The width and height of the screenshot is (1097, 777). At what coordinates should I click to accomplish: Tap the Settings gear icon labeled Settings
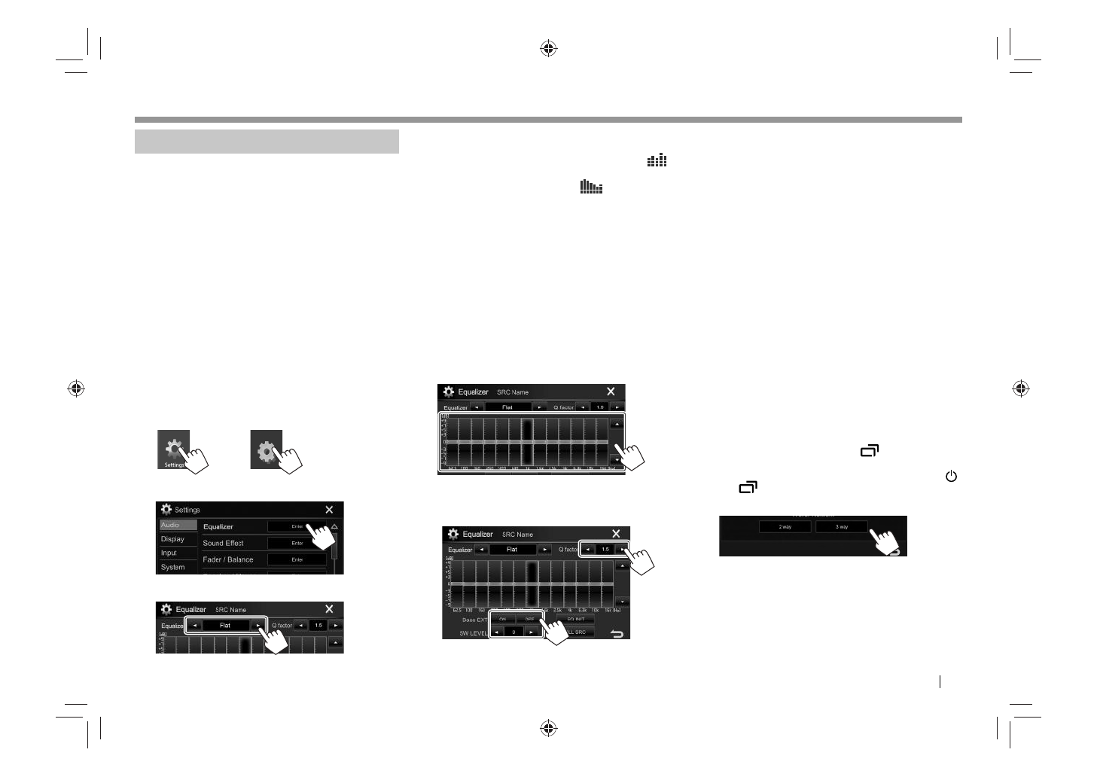point(174,449)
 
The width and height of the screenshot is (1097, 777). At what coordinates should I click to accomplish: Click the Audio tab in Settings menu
point(171,525)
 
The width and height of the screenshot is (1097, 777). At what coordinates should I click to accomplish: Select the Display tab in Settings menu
point(172,539)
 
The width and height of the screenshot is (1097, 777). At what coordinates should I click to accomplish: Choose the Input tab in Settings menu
point(169,553)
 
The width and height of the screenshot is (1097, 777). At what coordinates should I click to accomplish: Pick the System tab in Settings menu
point(172,567)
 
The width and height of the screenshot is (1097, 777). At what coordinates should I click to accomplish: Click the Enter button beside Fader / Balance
point(297,559)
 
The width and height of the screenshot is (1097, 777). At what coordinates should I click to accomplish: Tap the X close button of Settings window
point(329,510)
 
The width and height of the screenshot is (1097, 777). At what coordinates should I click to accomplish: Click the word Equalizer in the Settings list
point(218,526)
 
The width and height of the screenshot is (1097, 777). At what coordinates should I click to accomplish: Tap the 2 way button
point(785,527)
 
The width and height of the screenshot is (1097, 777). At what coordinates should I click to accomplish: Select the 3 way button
point(842,527)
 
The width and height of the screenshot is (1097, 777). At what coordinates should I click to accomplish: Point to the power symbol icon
point(951,477)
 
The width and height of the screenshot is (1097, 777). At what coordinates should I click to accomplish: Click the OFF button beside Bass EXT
point(529,619)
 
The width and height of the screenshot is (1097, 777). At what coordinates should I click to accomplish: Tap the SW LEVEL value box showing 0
point(513,632)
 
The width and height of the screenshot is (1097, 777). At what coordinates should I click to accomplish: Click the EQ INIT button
point(575,619)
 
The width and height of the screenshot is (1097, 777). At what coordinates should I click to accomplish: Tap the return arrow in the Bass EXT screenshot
point(617,634)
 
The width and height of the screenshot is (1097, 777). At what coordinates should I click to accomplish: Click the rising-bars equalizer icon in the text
point(657,160)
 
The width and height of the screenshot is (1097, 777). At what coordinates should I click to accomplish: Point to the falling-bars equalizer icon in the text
point(591,187)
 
